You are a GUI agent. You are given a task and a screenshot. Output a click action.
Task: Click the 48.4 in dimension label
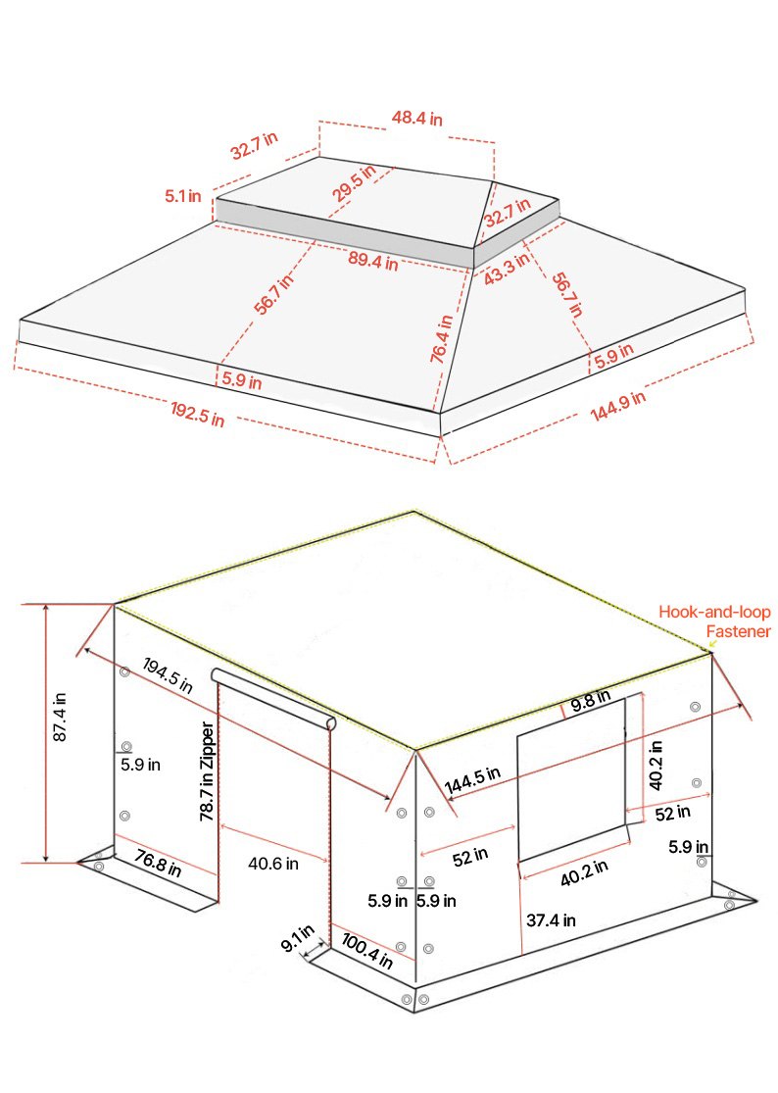pyautogui.click(x=417, y=119)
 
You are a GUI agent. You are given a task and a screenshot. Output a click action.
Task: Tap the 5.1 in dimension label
pyautogui.click(x=183, y=196)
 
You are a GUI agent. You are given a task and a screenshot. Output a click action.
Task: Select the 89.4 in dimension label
pyautogui.click(x=372, y=261)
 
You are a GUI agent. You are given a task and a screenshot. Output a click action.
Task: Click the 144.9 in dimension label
pyautogui.click(x=618, y=407)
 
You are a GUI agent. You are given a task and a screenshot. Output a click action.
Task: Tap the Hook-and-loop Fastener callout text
pyautogui.click(x=714, y=621)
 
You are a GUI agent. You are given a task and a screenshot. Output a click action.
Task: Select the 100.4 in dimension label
pyautogui.click(x=367, y=950)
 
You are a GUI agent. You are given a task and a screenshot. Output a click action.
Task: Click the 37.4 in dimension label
pyautogui.click(x=551, y=919)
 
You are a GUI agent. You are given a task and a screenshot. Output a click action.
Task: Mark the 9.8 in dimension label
pyautogui.click(x=590, y=701)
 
